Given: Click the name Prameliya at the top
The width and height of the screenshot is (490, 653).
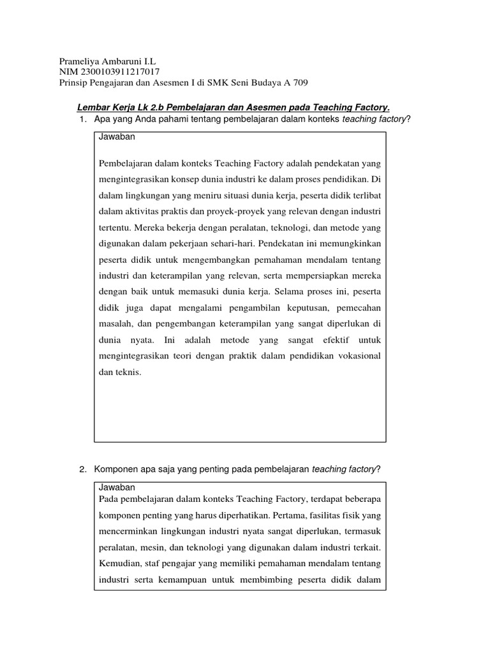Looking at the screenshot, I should point(80,61).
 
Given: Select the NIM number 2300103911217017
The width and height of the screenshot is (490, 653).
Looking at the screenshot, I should point(118,72).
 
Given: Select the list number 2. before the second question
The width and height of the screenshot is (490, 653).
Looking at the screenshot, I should point(83,469).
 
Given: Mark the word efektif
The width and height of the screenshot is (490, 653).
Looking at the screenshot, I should point(321,339).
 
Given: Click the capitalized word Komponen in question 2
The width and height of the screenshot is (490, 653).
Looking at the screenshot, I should point(117,469).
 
